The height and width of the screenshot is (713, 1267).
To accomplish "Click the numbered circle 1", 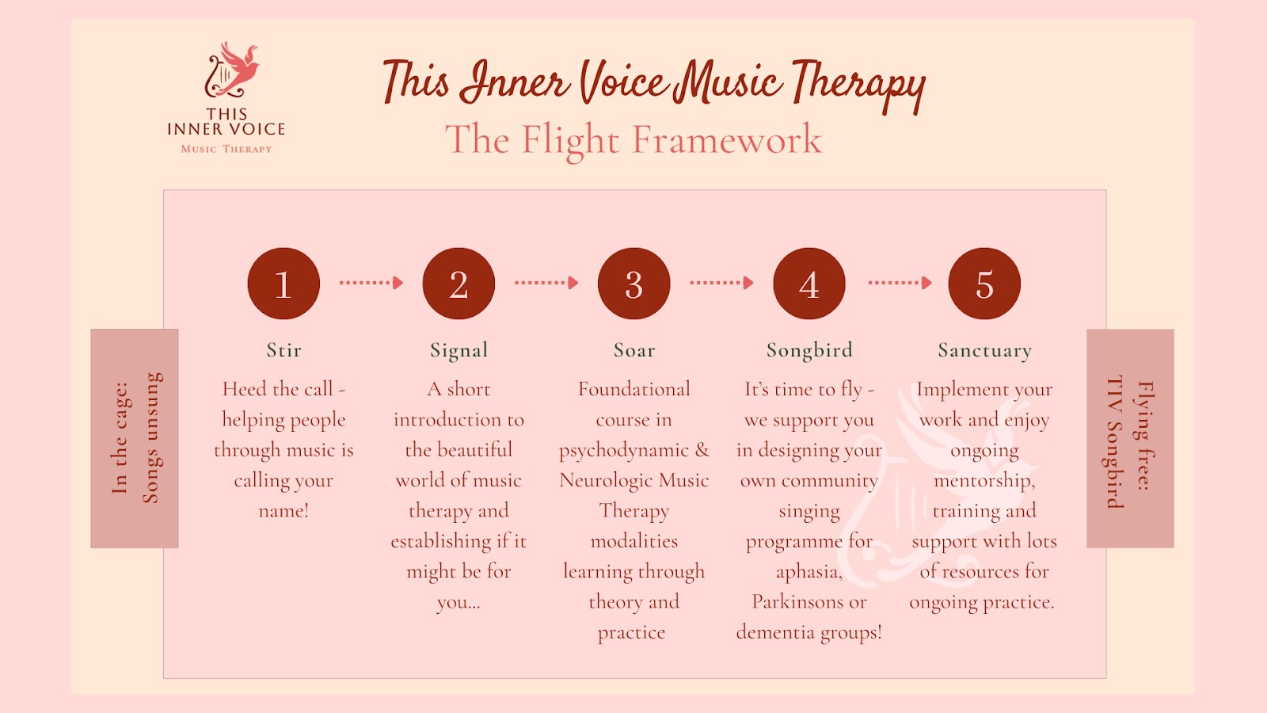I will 283,284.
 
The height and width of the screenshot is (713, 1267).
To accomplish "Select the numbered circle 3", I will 633,284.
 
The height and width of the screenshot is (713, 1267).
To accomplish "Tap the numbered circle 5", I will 984,284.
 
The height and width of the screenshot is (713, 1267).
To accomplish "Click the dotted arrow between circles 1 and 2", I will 371,283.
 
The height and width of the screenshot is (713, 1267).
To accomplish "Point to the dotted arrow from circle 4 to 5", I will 900,283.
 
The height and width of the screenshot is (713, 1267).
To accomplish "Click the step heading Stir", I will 283,350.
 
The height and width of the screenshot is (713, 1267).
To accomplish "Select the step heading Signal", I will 458,350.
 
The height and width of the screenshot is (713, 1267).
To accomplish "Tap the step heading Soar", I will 634,350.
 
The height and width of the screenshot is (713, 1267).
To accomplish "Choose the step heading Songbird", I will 809,350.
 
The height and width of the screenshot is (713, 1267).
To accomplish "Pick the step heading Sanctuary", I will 984,350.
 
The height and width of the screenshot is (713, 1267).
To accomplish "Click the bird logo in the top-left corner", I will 231,70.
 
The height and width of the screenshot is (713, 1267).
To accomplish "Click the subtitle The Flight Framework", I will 633,140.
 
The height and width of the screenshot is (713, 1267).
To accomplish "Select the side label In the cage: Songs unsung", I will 135,438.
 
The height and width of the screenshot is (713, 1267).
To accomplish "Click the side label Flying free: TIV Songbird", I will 1130,438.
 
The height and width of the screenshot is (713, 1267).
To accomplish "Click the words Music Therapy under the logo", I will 226,149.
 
